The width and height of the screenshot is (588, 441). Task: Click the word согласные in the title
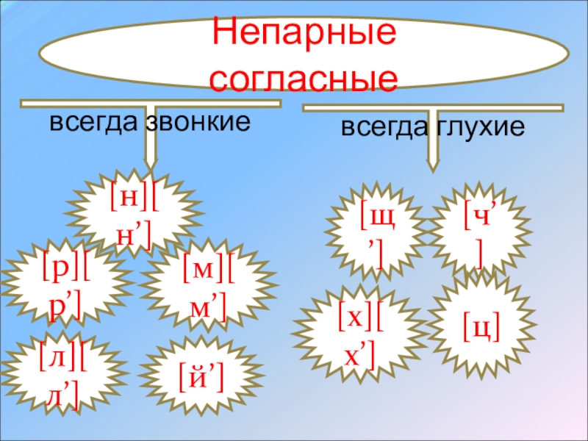point(304,76)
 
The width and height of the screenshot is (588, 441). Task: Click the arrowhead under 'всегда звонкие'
point(151,163)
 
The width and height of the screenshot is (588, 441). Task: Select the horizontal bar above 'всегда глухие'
point(434,111)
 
